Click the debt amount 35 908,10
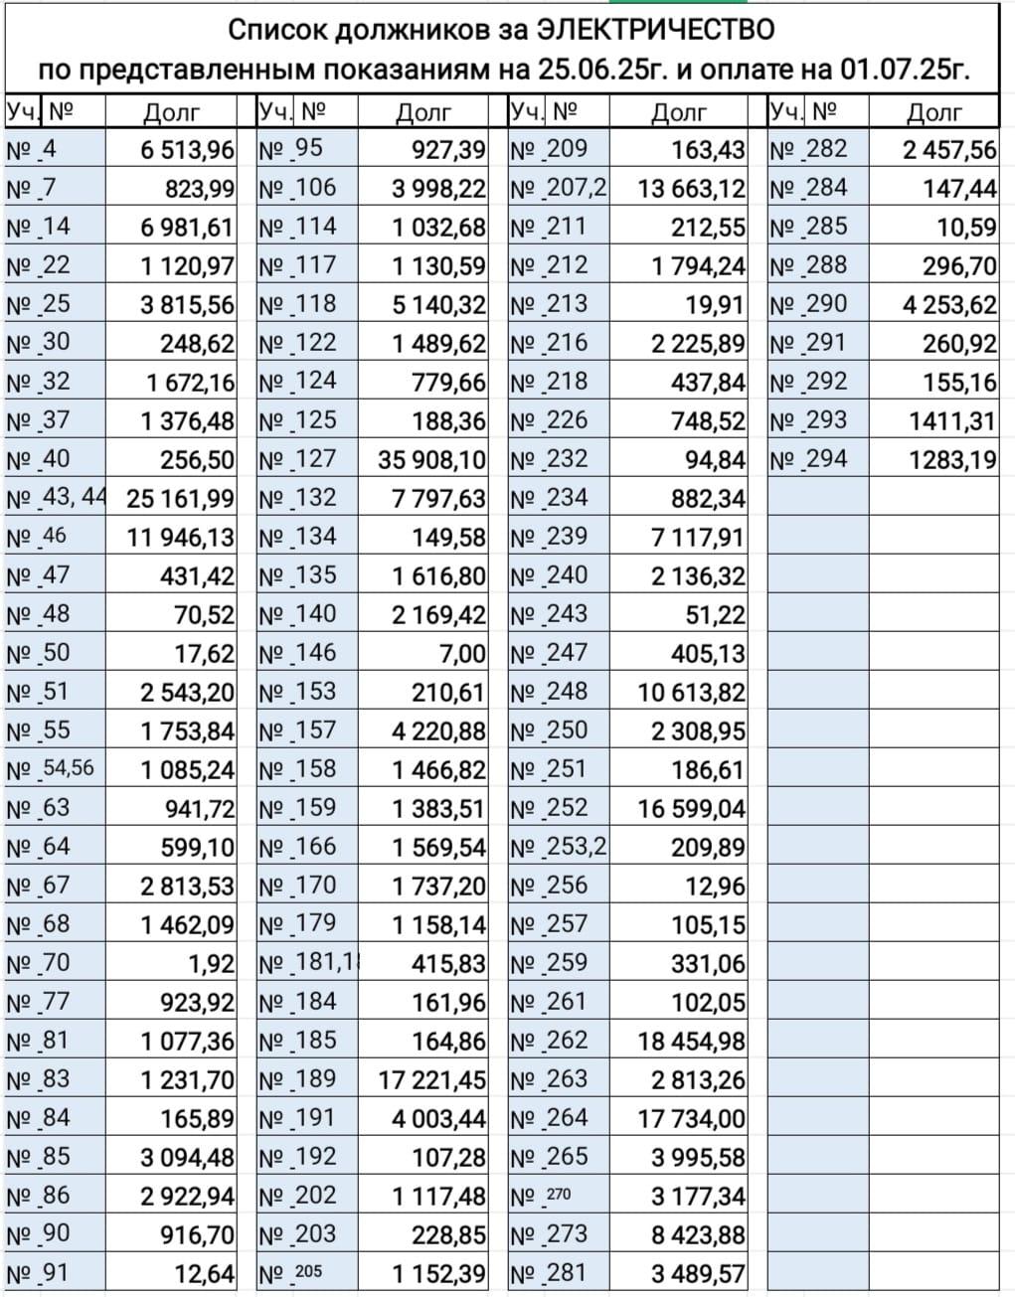pos(432,460)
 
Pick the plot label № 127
pos(298,459)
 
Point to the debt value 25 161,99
pos(180,499)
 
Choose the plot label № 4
pos(33,150)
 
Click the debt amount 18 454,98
pos(691,1042)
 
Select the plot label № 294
pos(808,459)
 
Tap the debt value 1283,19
pos(950,460)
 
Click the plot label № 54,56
pos(51,769)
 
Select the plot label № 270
pos(541,1196)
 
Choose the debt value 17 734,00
pos(691,1119)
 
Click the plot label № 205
pos(290,1273)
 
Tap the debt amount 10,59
pos(966,228)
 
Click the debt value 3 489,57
pos(696,1274)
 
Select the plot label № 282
pos(808,150)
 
